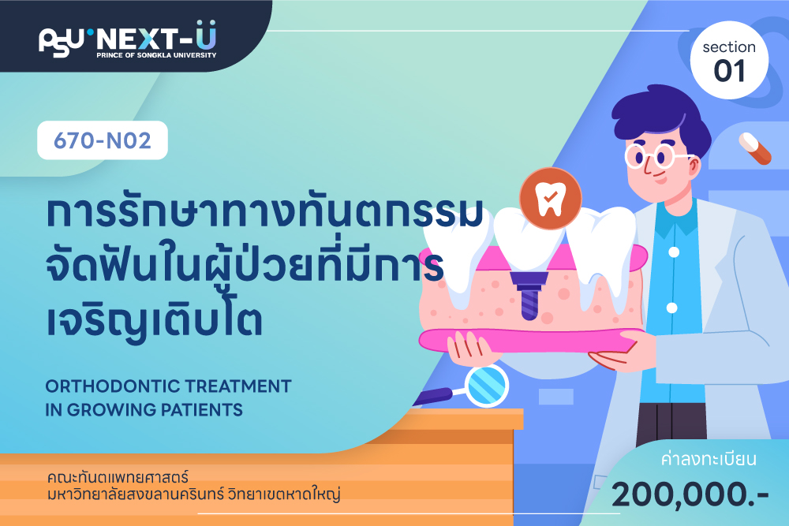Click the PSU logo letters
(61, 42)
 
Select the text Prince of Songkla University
(156, 55)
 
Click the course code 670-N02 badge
(103, 140)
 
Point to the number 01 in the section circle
(729, 71)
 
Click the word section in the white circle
(729, 47)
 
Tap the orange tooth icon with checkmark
(551, 199)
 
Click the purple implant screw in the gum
(529, 296)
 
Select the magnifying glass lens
(486, 386)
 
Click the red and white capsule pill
(755, 148)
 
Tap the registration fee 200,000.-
(690, 494)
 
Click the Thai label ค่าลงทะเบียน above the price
(709, 459)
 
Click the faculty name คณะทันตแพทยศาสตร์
(118, 477)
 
